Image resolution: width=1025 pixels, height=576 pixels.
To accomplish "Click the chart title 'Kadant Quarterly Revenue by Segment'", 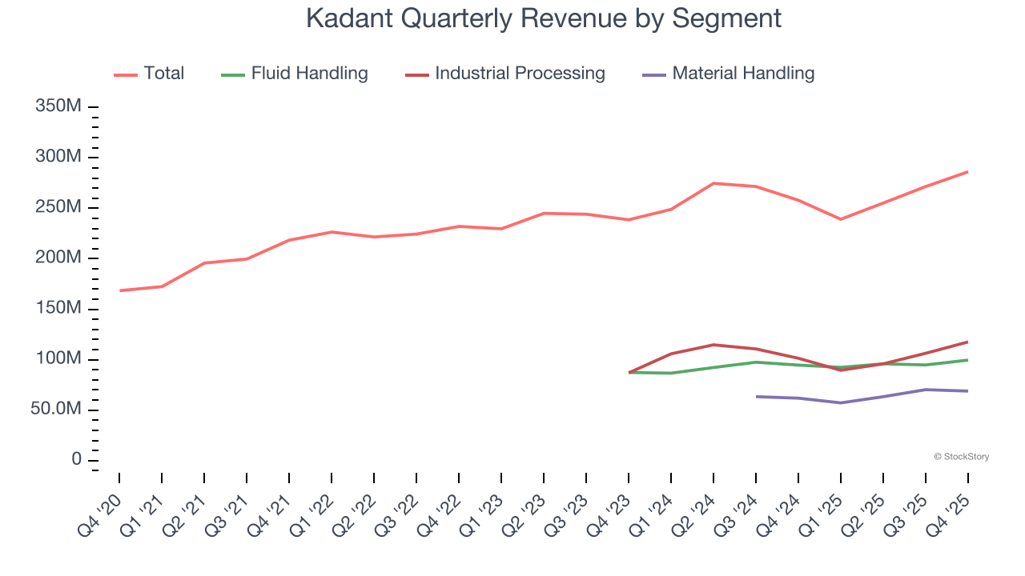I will pos(544,18).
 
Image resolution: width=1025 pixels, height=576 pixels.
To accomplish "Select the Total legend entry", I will pos(149,74).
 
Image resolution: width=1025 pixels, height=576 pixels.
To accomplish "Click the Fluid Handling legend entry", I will pos(295,74).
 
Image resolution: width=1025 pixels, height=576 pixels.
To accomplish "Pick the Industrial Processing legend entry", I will pos(505,74).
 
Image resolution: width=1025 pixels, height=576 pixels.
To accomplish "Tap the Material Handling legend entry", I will pos(729,74).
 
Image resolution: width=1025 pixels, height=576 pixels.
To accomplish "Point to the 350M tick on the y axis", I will pos(58,106).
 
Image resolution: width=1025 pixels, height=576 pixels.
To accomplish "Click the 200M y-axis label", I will pos(58,258).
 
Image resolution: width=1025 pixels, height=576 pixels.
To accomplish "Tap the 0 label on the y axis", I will pos(76,460).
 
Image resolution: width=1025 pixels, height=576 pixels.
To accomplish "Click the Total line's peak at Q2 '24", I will pos(713,183).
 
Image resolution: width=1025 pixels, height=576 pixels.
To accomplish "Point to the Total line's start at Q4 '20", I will pos(120,290).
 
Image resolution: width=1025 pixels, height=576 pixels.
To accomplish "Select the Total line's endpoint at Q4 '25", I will pos(967,172).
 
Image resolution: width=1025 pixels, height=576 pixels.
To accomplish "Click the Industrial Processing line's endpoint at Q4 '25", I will pos(967,342).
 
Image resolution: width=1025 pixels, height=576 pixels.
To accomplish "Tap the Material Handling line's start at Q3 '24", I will pos(756,396).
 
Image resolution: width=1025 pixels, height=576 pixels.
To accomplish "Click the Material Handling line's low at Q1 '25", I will pos(841,402).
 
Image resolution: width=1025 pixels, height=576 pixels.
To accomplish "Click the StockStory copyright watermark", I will pos(961,457).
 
